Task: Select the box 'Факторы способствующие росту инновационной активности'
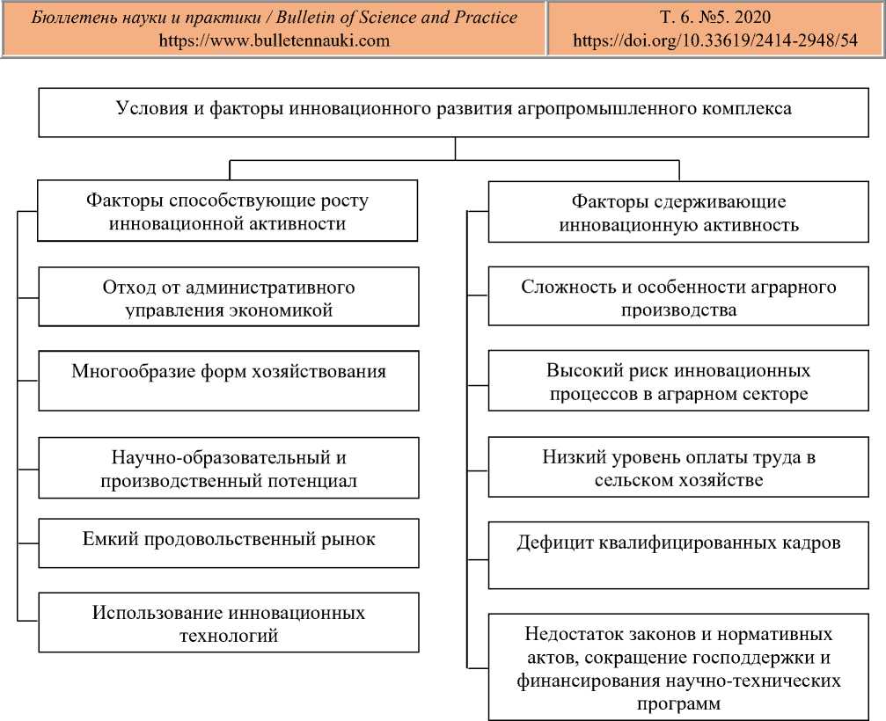click(228, 211)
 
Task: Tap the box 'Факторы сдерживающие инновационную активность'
click(678, 213)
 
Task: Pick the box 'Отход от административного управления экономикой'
click(228, 298)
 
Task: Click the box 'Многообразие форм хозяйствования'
click(228, 380)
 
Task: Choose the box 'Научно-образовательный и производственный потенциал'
click(228, 469)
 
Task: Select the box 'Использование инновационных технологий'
click(228, 623)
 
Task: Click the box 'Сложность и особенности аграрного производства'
click(678, 298)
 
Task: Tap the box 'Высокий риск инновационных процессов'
click(678, 381)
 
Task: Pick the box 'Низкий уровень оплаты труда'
click(678, 469)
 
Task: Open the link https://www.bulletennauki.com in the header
click(274, 40)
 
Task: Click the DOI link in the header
click(714, 40)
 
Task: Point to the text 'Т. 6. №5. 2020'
click(714, 18)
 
